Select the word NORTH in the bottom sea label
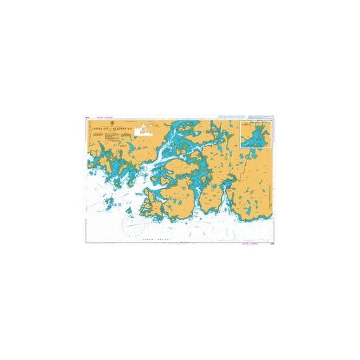click(x=149, y=240)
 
